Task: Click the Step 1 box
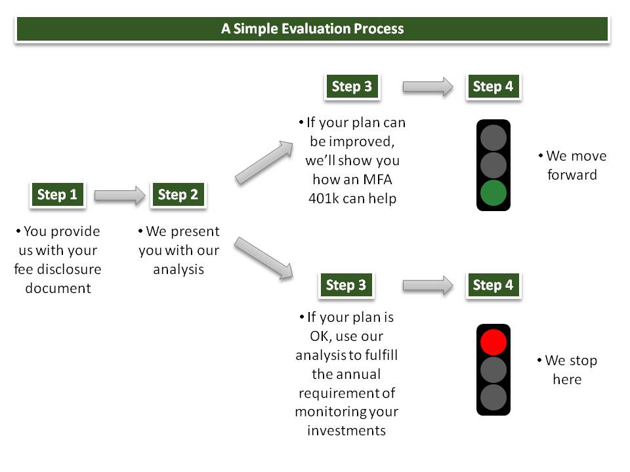click(58, 195)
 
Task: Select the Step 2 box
click(178, 195)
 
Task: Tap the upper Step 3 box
click(352, 87)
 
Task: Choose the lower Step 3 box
click(346, 285)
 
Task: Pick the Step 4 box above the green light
click(493, 87)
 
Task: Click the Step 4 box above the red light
click(493, 285)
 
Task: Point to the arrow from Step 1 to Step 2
click(119, 195)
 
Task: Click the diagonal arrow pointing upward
click(264, 163)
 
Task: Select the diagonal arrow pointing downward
click(264, 258)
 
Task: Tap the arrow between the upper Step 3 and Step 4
click(428, 87)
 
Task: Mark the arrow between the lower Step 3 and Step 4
click(428, 285)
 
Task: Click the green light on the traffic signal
click(493, 193)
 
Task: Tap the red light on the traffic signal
click(493, 342)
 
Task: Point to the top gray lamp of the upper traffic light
click(493, 138)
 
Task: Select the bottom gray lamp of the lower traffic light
click(493, 397)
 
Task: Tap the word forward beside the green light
click(572, 175)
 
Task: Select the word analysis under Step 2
click(178, 269)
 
